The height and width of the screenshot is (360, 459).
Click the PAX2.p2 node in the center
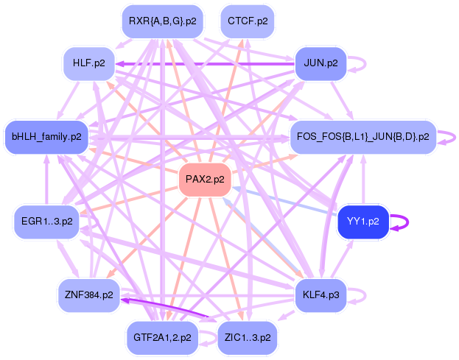(205, 180)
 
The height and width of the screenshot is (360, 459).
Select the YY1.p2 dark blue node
(362, 222)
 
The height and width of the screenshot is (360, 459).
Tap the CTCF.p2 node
(248, 21)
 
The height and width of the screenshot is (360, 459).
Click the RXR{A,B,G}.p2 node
(162, 21)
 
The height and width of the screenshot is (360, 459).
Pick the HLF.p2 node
(88, 64)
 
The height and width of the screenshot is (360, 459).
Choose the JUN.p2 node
(320, 64)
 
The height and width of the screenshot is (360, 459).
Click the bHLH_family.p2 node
(46, 137)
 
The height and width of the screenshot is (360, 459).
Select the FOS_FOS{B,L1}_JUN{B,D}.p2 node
(362, 137)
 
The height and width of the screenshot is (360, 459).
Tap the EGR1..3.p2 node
(46, 222)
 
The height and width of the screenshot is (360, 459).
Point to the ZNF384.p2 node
(88, 294)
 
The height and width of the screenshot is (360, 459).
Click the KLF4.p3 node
(320, 294)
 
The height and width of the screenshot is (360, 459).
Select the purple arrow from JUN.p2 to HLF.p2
(206, 64)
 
